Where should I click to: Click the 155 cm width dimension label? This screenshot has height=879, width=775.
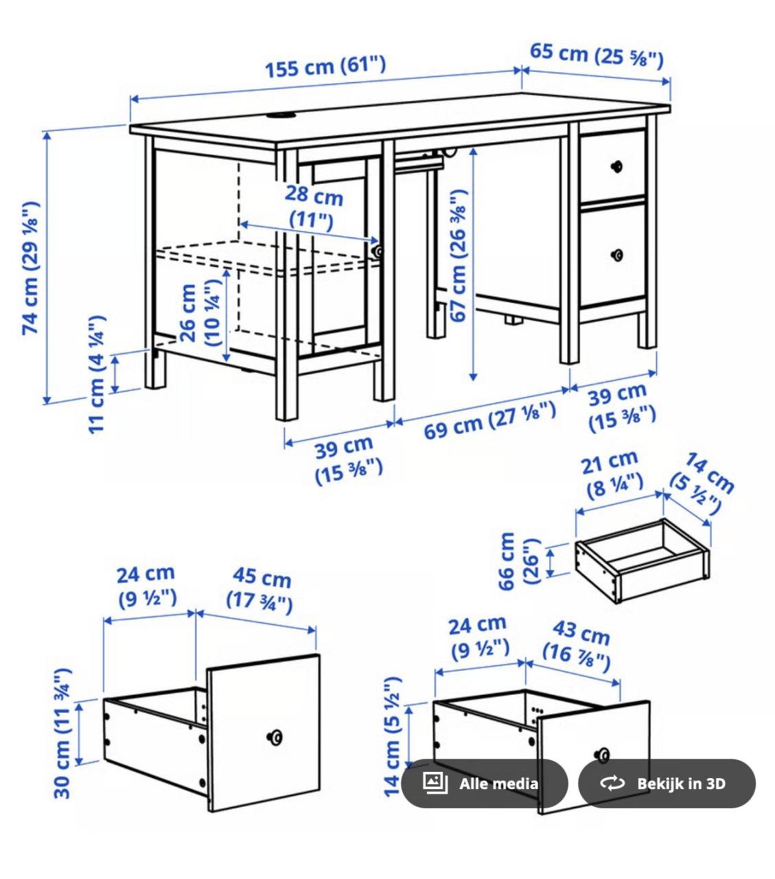click(325, 67)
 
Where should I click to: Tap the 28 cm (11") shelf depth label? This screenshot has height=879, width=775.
click(313, 207)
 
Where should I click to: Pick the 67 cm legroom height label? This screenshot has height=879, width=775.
click(458, 263)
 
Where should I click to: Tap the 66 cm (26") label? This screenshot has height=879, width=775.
click(518, 561)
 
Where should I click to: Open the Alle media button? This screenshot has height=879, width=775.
click(485, 784)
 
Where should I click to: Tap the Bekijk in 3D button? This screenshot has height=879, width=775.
click(667, 784)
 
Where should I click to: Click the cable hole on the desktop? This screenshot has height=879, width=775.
click(278, 115)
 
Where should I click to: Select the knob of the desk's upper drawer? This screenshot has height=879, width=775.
click(616, 165)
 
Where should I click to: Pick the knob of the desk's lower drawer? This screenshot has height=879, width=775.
click(616, 255)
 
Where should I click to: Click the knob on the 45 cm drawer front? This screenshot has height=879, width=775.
click(275, 738)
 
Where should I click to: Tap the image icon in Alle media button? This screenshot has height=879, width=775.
click(435, 783)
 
